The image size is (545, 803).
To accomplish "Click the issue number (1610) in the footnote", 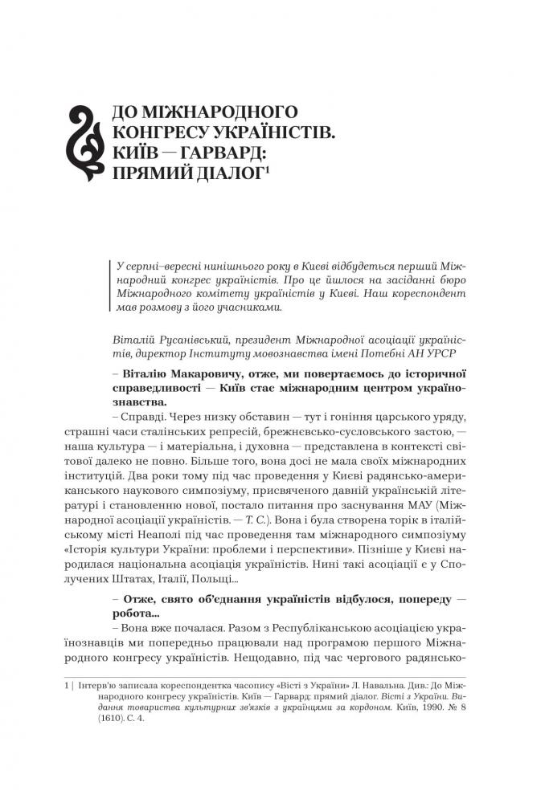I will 114,719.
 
